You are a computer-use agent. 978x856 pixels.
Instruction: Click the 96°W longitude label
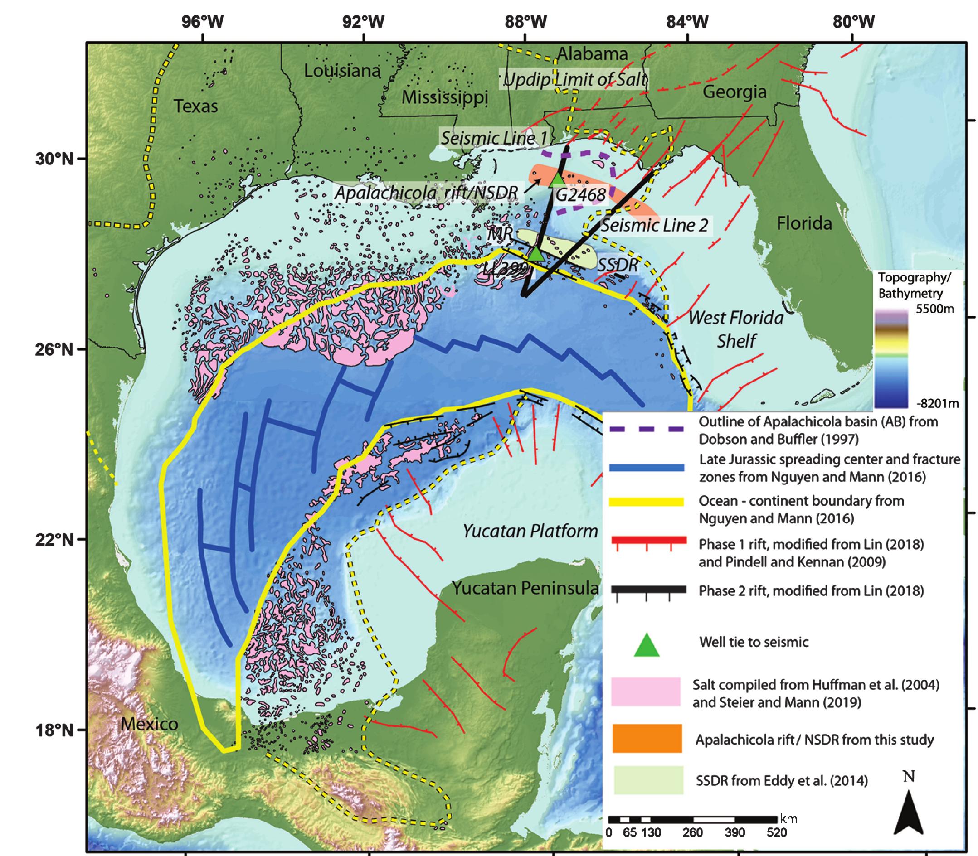(x=202, y=21)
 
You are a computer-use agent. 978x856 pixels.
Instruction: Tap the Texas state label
(x=195, y=106)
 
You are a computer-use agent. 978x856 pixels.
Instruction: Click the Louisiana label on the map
(x=342, y=71)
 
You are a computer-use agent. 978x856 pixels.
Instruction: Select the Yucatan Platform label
(x=530, y=531)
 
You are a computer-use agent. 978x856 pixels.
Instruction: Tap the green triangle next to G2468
(x=557, y=179)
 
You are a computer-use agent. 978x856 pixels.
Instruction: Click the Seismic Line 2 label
(x=654, y=225)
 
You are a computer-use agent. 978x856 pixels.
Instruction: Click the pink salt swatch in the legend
(x=646, y=691)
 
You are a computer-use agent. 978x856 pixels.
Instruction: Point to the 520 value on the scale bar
(x=776, y=846)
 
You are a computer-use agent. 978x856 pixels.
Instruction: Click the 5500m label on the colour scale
(x=934, y=309)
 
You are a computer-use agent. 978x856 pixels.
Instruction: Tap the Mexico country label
(x=149, y=724)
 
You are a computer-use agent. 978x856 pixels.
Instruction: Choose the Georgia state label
(x=734, y=91)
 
